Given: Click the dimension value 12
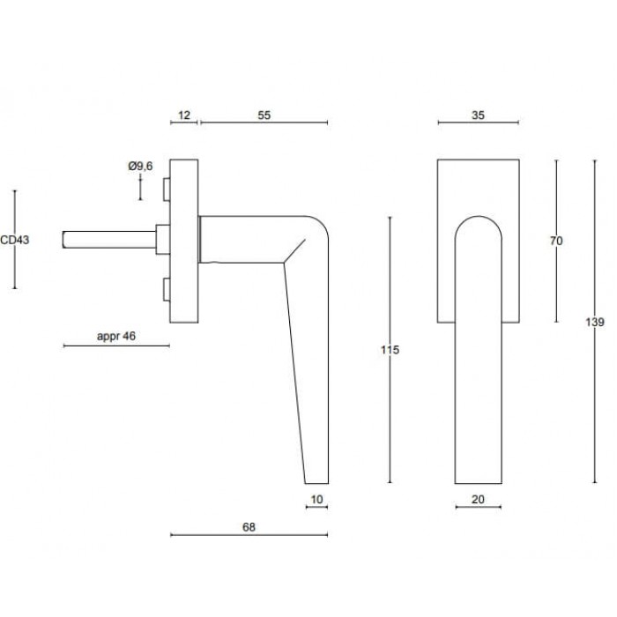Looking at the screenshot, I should pyautogui.click(x=183, y=115).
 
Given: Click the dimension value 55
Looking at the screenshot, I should pyautogui.click(x=264, y=115).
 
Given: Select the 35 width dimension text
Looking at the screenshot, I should pyautogui.click(x=479, y=115).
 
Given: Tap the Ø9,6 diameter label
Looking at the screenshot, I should pyautogui.click(x=140, y=166).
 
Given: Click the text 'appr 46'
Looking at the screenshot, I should pyautogui.click(x=115, y=337).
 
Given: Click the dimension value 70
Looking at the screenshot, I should pyautogui.click(x=555, y=241).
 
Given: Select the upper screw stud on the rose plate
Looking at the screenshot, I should pyautogui.click(x=167, y=188).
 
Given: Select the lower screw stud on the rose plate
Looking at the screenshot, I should pyautogui.click(x=167, y=289).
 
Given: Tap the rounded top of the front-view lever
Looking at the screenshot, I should pyautogui.click(x=479, y=220).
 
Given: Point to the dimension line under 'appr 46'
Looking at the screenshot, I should pyautogui.click(x=115, y=346).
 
